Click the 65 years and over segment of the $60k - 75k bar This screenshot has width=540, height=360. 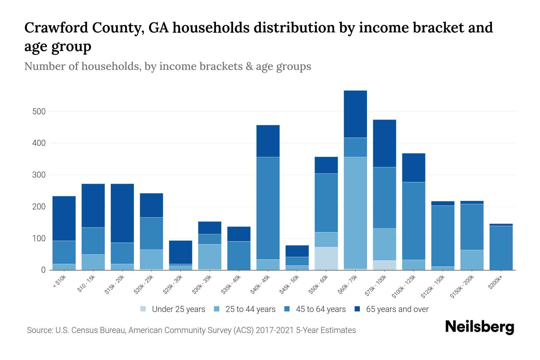(355, 114)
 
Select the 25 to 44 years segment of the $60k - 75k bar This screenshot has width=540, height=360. (355, 213)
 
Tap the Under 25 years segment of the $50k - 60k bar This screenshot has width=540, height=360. (326, 258)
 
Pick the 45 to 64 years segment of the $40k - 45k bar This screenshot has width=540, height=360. (268, 208)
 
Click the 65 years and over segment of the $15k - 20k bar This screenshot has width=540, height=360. (122, 213)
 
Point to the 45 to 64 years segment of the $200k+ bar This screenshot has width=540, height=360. (501, 247)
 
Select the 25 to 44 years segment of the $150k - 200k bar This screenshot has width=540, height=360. (472, 260)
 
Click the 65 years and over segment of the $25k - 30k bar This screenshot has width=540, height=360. (181, 252)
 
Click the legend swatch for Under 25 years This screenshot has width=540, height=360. (143, 309)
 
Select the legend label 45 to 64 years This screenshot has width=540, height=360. (320, 309)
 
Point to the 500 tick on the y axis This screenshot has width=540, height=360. (39, 112)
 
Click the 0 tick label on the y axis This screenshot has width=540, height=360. (43, 270)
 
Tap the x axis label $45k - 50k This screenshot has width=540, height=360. (290, 284)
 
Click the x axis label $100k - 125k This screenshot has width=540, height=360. (404, 286)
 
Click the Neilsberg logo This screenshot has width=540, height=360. (479, 327)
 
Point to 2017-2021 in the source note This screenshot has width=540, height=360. (274, 330)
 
